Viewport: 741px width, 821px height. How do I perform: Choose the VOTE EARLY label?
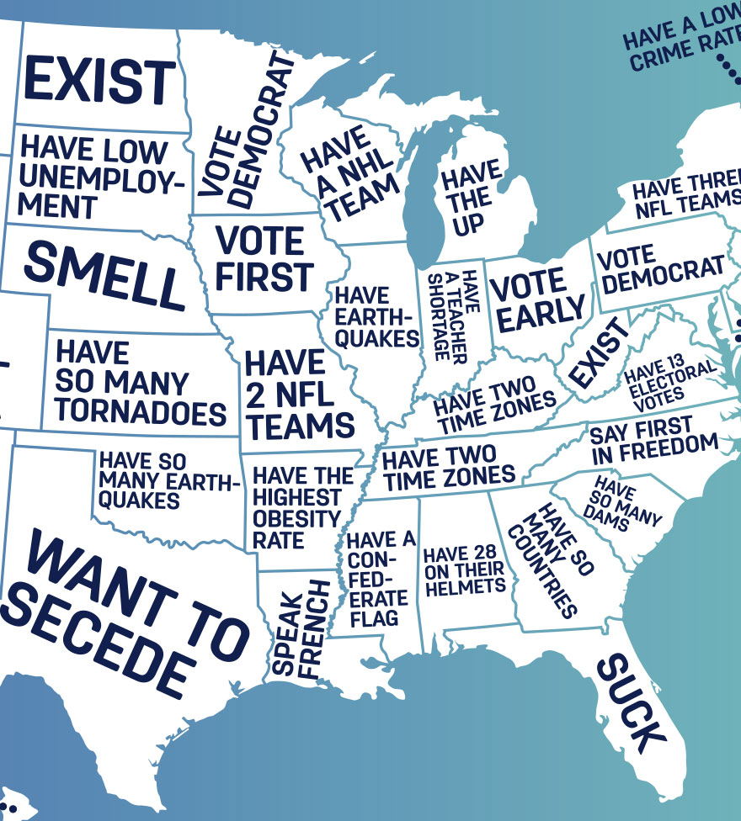click(536, 299)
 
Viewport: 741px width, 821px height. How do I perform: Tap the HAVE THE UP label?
click(468, 199)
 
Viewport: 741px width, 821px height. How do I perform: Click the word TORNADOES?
click(141, 413)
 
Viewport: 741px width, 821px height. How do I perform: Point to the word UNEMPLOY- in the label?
click(101, 178)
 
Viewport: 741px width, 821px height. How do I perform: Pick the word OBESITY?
click(296, 518)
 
